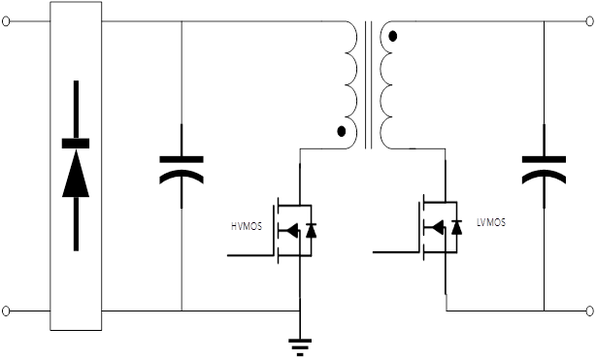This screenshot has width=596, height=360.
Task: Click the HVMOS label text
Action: click(x=247, y=226)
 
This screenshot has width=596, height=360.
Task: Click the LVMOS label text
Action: click(x=491, y=222)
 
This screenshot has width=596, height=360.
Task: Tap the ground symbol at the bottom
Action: click(x=300, y=347)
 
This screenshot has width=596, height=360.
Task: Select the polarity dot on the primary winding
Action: click(x=342, y=132)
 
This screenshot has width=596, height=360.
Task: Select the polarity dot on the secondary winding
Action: click(x=393, y=37)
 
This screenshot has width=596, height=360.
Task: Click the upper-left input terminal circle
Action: click(x=6, y=21)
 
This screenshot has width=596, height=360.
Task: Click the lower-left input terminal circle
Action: click(x=6, y=311)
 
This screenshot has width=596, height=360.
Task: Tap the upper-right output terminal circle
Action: click(x=589, y=21)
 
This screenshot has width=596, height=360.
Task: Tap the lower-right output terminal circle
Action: click(x=589, y=311)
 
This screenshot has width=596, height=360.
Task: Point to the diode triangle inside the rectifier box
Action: click(x=76, y=174)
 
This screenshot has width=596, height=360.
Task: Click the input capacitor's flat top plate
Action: click(x=182, y=159)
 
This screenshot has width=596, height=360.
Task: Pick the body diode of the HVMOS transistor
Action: click(x=311, y=230)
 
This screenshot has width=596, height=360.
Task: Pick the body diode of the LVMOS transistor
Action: click(x=456, y=227)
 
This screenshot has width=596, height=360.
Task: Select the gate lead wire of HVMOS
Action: click(x=250, y=255)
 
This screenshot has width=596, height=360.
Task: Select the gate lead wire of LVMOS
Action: click(x=396, y=252)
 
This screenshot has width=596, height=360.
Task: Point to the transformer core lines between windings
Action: click(x=368, y=84)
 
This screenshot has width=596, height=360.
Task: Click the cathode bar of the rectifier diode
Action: click(x=76, y=144)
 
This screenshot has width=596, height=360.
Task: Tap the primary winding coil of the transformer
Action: click(x=351, y=84)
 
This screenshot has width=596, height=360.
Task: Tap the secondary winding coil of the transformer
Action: click(x=385, y=84)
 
